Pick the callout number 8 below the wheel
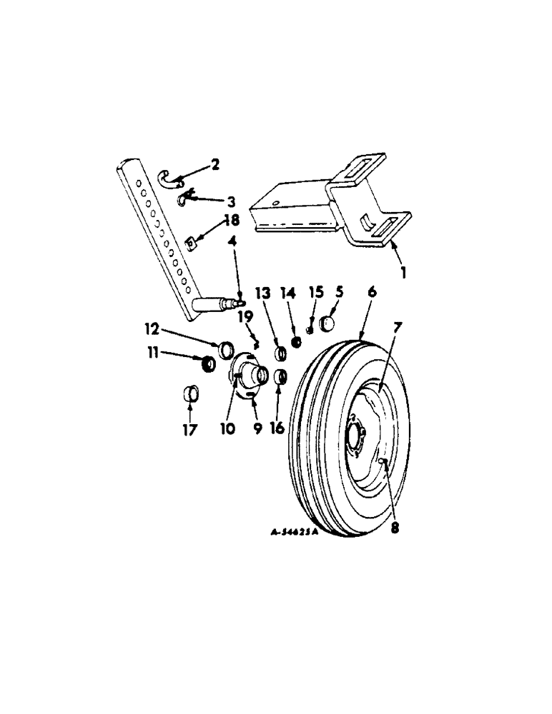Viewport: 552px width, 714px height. point(394,529)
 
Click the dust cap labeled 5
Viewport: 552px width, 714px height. point(327,323)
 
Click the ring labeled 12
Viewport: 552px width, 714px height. point(225,349)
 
